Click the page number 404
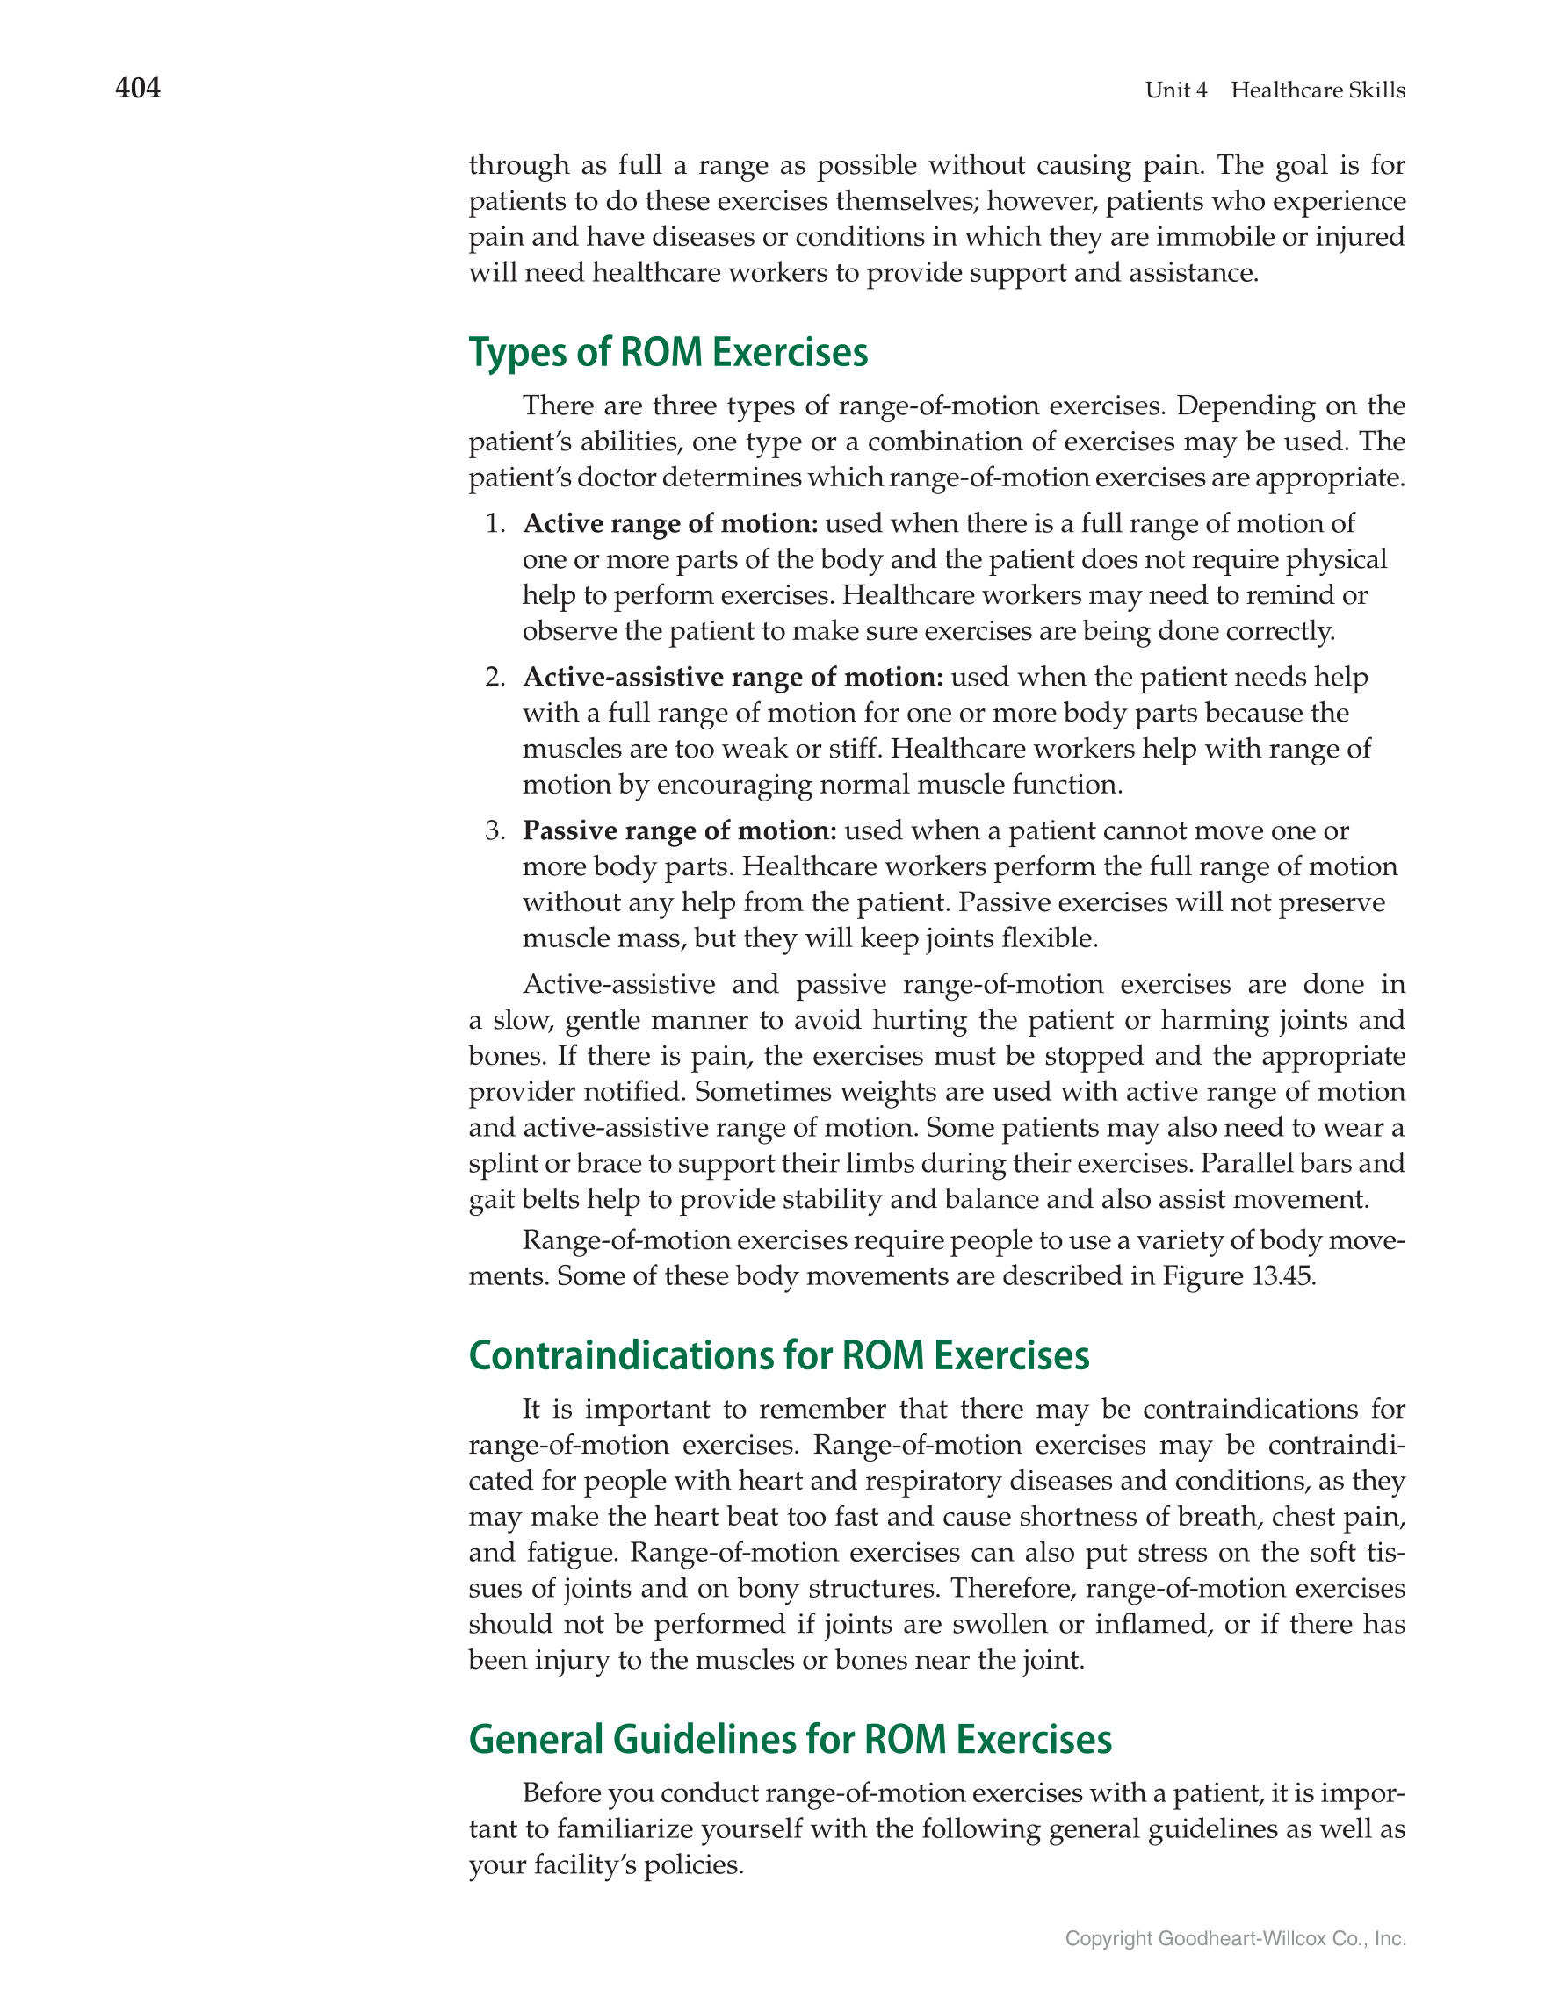(x=138, y=88)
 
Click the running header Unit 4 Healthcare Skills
(x=1275, y=90)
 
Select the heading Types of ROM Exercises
(x=668, y=352)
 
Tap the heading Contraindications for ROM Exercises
(x=778, y=1355)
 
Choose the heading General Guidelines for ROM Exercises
(x=790, y=1739)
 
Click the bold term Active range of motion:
(x=670, y=523)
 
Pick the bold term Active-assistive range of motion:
(x=733, y=677)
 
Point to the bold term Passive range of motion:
(x=679, y=830)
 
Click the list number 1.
(x=495, y=524)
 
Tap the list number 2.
(x=495, y=677)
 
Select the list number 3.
(x=495, y=830)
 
